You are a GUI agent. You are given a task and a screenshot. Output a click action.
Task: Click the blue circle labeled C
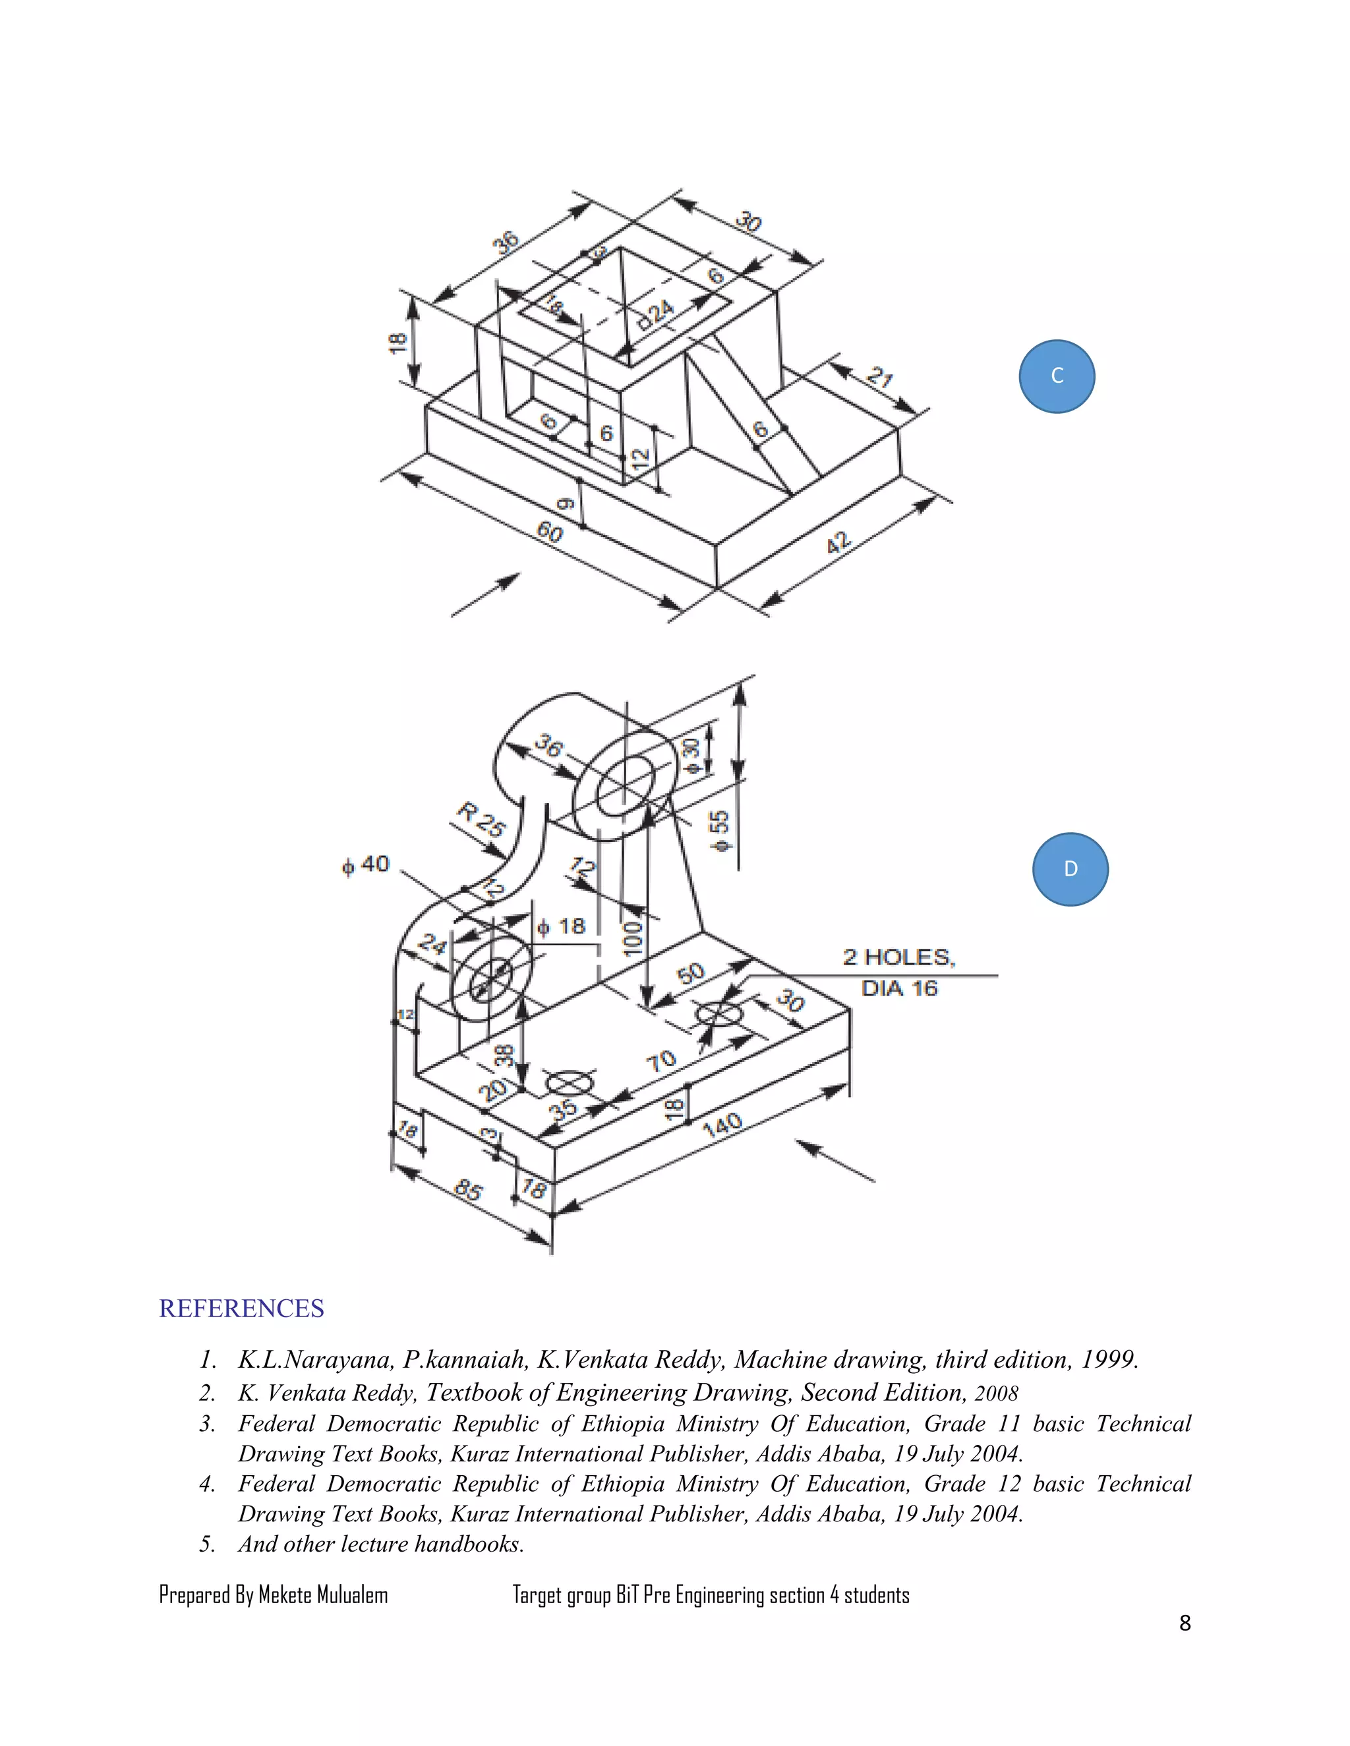[1057, 376]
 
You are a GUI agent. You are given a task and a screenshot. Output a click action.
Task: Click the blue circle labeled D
[1070, 869]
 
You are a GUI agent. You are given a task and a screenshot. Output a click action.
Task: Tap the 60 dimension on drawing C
[550, 532]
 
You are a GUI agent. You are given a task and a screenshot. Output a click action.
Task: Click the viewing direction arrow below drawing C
[485, 595]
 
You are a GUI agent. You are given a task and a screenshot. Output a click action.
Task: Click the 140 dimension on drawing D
[722, 1125]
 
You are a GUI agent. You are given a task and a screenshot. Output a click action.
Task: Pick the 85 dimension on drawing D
[468, 1191]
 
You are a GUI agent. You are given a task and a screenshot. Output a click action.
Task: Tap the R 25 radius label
[481, 820]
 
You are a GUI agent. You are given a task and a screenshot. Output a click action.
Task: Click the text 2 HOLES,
[899, 957]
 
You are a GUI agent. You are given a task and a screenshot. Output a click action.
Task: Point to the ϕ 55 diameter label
[720, 831]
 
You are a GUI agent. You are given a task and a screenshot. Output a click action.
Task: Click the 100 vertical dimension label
[631, 938]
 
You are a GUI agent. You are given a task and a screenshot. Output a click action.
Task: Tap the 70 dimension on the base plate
[661, 1061]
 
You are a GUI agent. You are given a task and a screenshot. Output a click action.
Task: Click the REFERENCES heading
[241, 1309]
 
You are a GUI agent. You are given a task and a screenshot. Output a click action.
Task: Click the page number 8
[1185, 1623]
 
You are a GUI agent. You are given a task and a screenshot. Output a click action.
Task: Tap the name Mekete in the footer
[285, 1596]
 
